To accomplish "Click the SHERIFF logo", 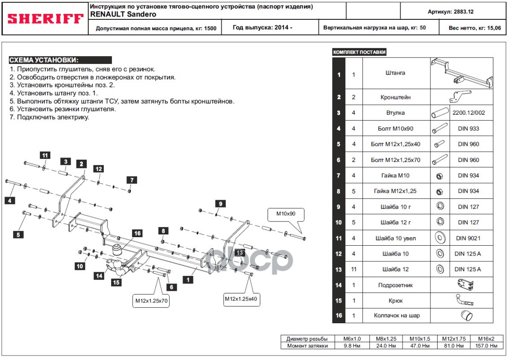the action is point(45,19).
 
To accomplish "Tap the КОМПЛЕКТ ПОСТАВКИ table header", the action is point(359,52).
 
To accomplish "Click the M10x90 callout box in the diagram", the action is point(286,214).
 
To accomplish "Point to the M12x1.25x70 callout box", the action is point(152,301).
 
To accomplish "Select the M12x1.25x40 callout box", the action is point(241,299).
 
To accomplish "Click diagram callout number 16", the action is point(137,233).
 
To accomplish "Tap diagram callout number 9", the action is point(220,204).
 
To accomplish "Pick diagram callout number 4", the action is point(10,201).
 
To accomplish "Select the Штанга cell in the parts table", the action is point(395,73).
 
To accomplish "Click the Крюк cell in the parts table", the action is point(396,301).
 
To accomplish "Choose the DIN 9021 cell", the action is point(468,238).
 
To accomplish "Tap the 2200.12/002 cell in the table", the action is point(469,112).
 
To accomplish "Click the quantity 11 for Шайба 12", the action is point(354,269).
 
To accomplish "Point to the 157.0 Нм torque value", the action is point(486,346).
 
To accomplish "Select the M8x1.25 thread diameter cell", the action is point(386,339).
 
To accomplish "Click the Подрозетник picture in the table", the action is point(465,285).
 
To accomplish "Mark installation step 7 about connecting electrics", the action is point(49,117).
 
